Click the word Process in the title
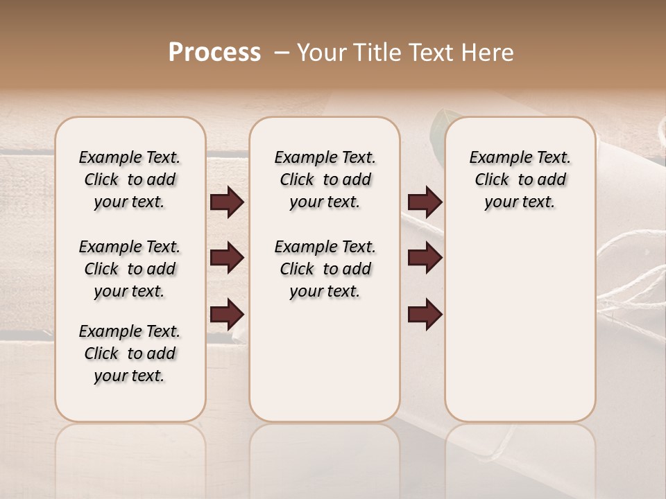pyautogui.click(x=214, y=53)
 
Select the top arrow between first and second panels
pyautogui.click(x=227, y=202)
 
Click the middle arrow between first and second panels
pyautogui.click(x=227, y=258)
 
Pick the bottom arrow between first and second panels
pyautogui.click(x=227, y=315)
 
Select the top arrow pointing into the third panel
pyautogui.click(x=425, y=202)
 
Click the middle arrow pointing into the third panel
pyautogui.click(x=425, y=258)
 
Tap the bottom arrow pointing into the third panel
pyautogui.click(x=425, y=315)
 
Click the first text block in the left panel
pyautogui.click(x=130, y=180)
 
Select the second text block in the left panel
pyautogui.click(x=130, y=269)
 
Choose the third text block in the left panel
pyautogui.click(x=130, y=353)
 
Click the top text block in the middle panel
pyautogui.click(x=325, y=180)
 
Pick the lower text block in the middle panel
pyautogui.click(x=325, y=269)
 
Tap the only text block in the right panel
pyautogui.click(x=520, y=180)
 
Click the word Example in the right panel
pyautogui.click(x=494, y=158)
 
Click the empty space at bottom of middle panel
pyautogui.click(x=325, y=367)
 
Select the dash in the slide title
pyautogui.click(x=282, y=53)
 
